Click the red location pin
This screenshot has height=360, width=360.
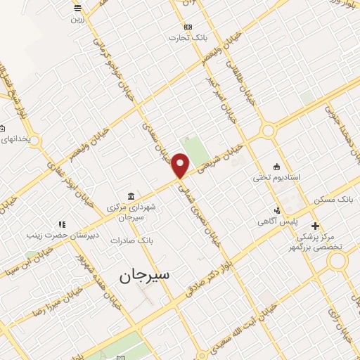pyautogui.click(x=181, y=165)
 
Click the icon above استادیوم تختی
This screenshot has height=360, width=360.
pyautogui.click(x=276, y=167)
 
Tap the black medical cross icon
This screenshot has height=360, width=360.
pyautogui.click(x=315, y=226)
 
